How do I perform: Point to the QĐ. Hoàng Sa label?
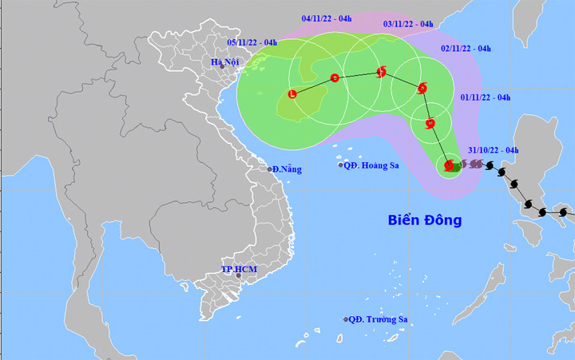(x=369, y=166)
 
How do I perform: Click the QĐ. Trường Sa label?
(x=379, y=319)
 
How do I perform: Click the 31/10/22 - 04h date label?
(x=494, y=150)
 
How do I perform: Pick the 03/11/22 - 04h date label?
(x=408, y=24)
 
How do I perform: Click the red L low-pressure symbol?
(x=292, y=95)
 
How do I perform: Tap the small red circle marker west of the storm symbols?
(x=335, y=77)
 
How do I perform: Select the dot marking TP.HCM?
(x=238, y=276)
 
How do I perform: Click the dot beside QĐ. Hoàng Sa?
(x=341, y=166)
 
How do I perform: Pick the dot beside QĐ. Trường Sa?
(x=347, y=319)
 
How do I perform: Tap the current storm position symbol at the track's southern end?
(x=450, y=165)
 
